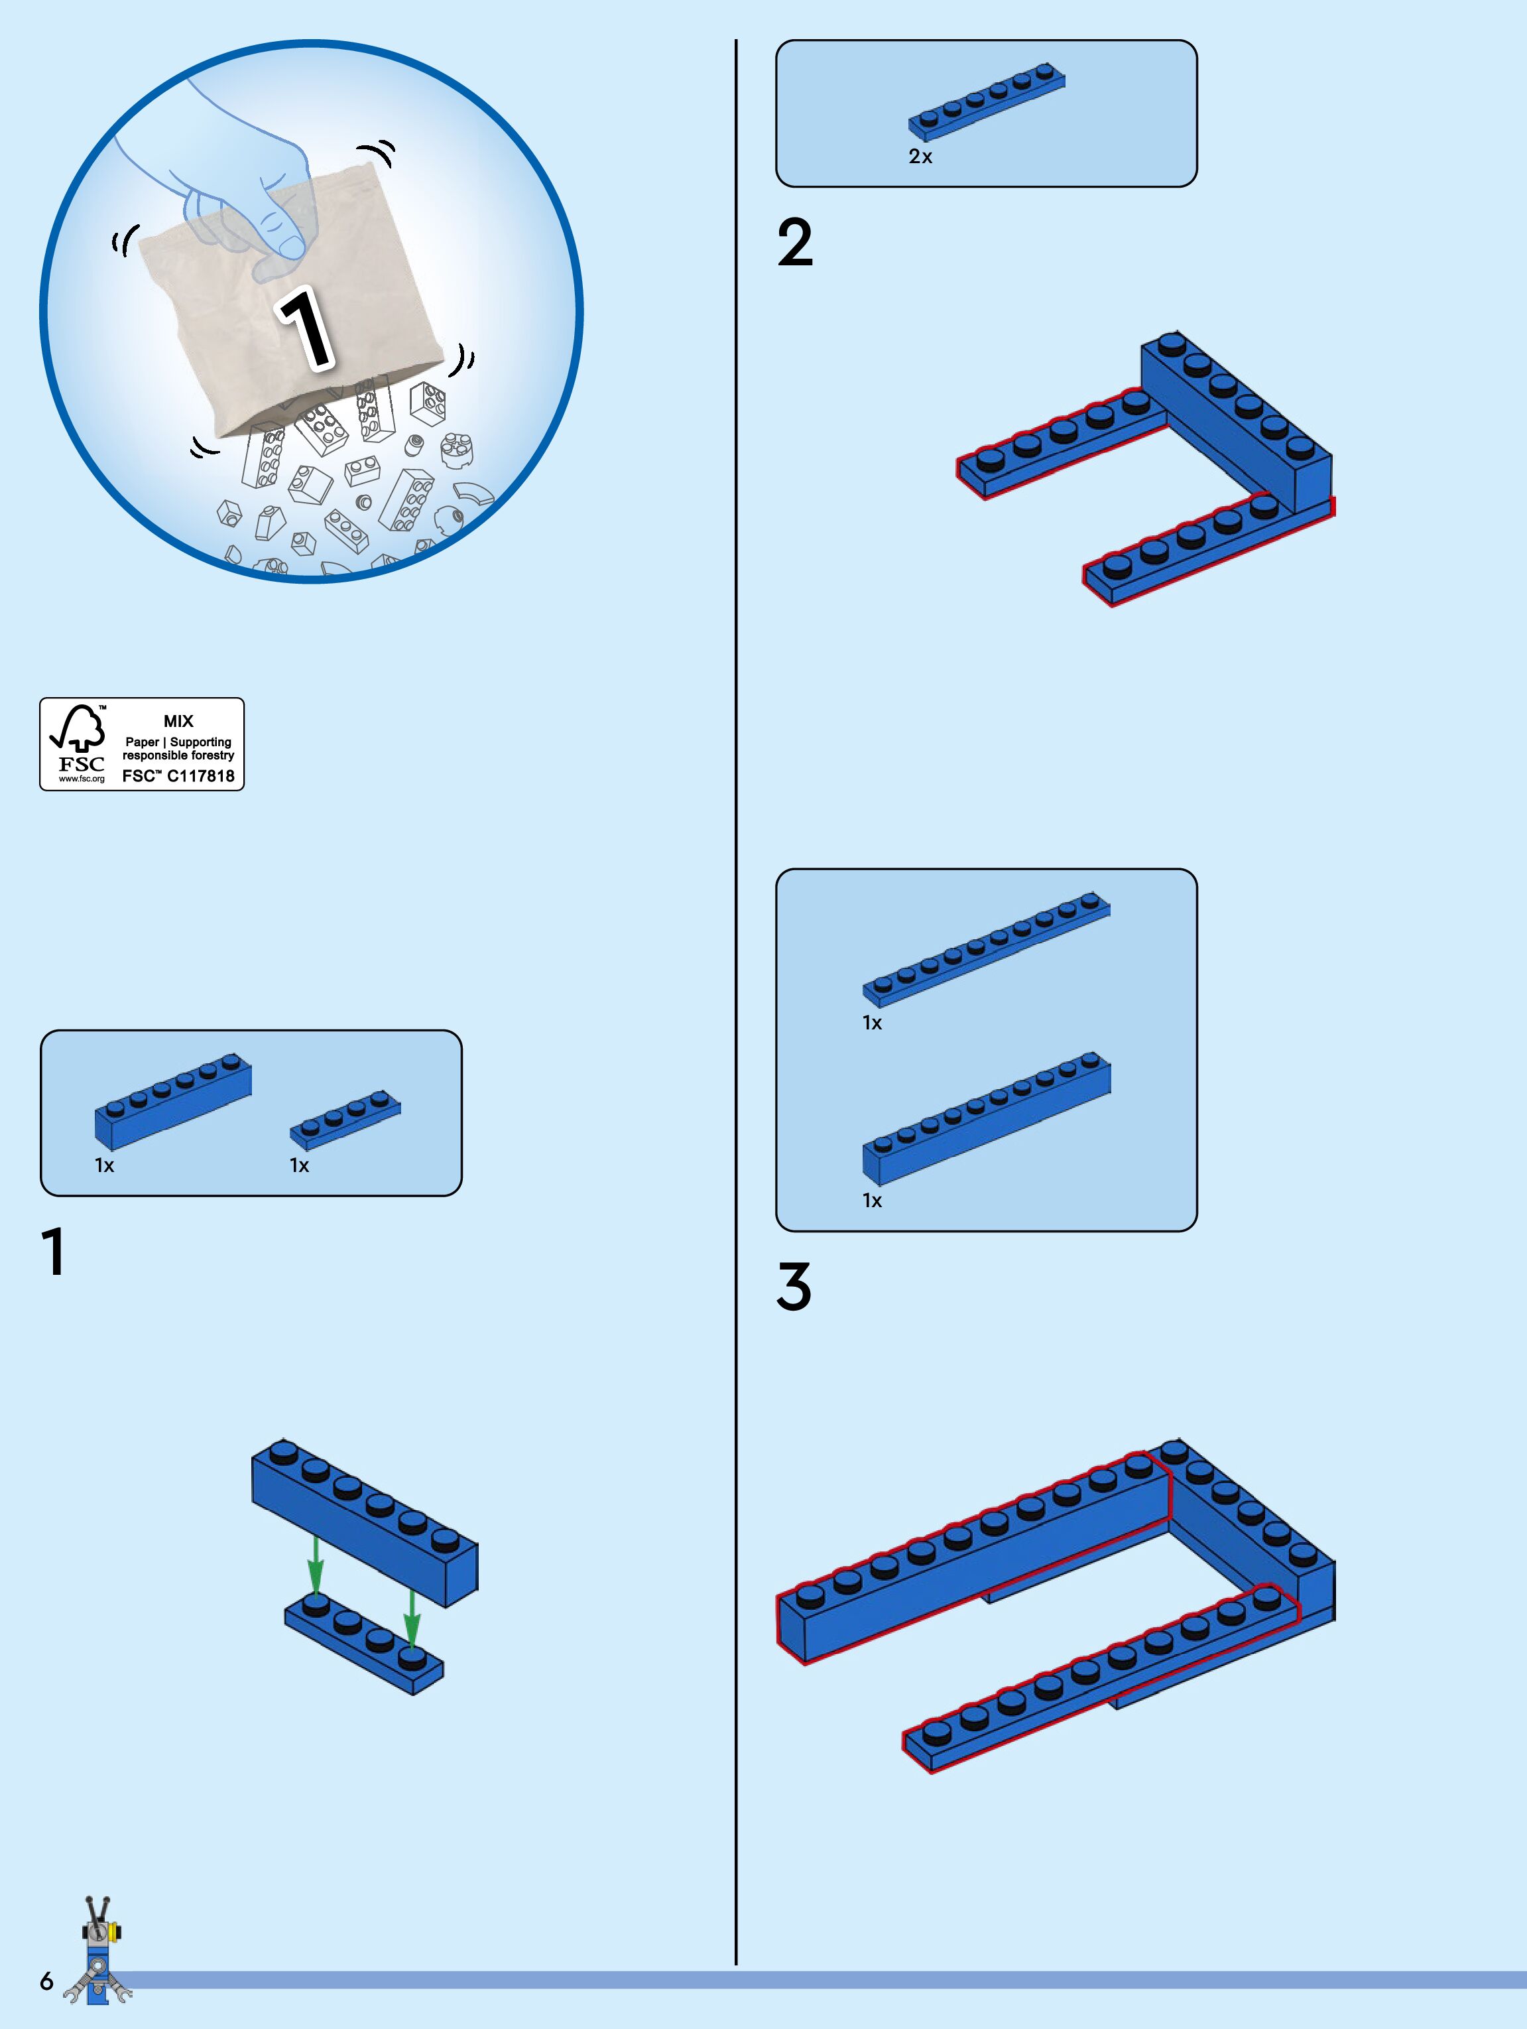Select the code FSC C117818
point(178,776)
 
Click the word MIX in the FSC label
point(178,721)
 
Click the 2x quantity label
point(920,157)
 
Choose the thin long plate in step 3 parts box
point(986,949)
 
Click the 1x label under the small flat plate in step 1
point(299,1166)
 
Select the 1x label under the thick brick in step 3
point(871,1201)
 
